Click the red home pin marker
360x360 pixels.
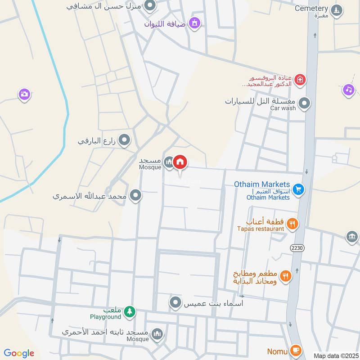coord(180,162)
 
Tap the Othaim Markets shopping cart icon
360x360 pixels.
coord(298,189)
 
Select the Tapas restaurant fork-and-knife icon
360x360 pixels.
coord(292,224)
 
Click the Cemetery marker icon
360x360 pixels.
coord(336,9)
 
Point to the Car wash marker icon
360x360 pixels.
coord(305,103)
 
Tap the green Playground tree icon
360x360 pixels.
coord(130,311)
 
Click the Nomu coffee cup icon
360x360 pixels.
coord(296,350)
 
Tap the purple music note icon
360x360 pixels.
coord(349,90)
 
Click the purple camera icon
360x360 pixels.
coord(24,94)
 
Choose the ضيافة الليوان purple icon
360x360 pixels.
coord(194,22)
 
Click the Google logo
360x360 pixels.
coord(19,353)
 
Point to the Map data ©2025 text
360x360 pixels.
coord(335,355)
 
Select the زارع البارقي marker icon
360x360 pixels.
coord(124,141)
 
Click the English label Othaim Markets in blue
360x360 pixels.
coord(262,184)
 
